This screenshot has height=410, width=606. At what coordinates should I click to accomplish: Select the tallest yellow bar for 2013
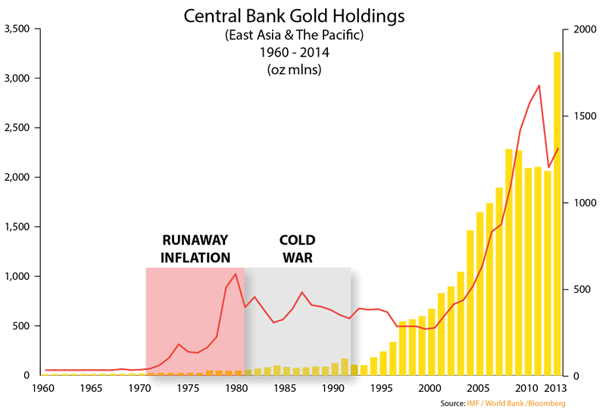click(x=557, y=212)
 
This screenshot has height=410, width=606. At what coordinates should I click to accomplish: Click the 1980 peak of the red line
click(x=236, y=274)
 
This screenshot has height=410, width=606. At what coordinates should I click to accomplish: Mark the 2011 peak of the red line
click(x=539, y=85)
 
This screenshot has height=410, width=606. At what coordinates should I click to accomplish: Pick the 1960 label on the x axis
click(x=42, y=388)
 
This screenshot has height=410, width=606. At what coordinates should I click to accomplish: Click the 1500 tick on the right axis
click(x=577, y=116)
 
